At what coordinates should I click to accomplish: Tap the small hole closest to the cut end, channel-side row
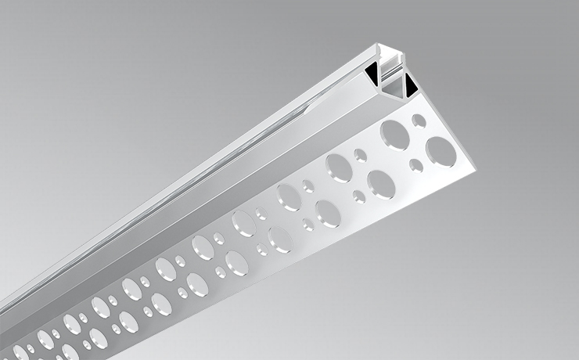(x=419, y=121)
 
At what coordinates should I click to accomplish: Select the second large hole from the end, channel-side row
(x=340, y=167)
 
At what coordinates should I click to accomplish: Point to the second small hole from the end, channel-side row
(x=361, y=154)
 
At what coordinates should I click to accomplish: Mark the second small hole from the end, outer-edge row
(x=358, y=195)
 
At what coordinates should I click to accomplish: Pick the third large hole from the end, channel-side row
(x=289, y=196)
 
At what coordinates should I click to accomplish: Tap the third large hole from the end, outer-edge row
(x=327, y=212)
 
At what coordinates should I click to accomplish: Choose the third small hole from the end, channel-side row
(x=308, y=186)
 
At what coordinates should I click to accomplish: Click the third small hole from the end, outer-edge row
(x=307, y=223)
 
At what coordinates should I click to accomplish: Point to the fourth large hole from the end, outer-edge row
(x=279, y=239)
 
